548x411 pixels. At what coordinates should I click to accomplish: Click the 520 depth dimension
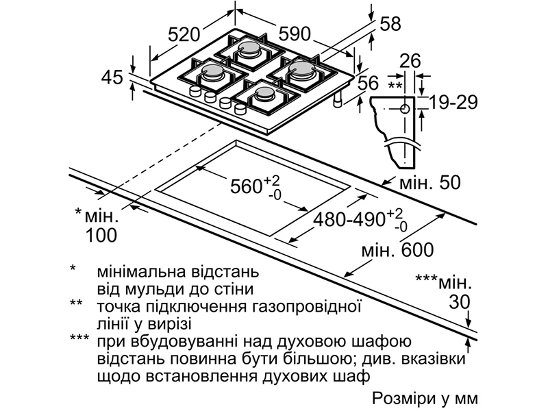(184, 34)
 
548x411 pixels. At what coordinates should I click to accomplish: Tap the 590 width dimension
(295, 33)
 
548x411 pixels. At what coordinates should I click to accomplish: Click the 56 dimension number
(368, 83)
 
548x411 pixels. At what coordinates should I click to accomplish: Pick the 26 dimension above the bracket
(410, 60)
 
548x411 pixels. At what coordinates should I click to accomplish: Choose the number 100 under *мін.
(101, 236)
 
